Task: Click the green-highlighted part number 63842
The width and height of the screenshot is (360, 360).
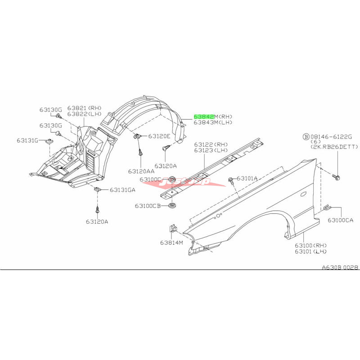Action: [204, 116]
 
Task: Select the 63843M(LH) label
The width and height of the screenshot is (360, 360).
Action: [213, 122]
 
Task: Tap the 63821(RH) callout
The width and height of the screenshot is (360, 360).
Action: [85, 108]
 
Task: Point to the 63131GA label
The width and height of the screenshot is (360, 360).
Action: [122, 190]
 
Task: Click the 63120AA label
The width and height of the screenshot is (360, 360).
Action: [141, 171]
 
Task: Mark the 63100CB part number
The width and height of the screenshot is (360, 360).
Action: [148, 206]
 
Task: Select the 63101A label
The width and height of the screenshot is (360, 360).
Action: [247, 178]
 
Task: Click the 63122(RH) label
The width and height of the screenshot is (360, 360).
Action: [211, 144]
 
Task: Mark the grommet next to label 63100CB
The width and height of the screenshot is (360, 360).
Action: [171, 207]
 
